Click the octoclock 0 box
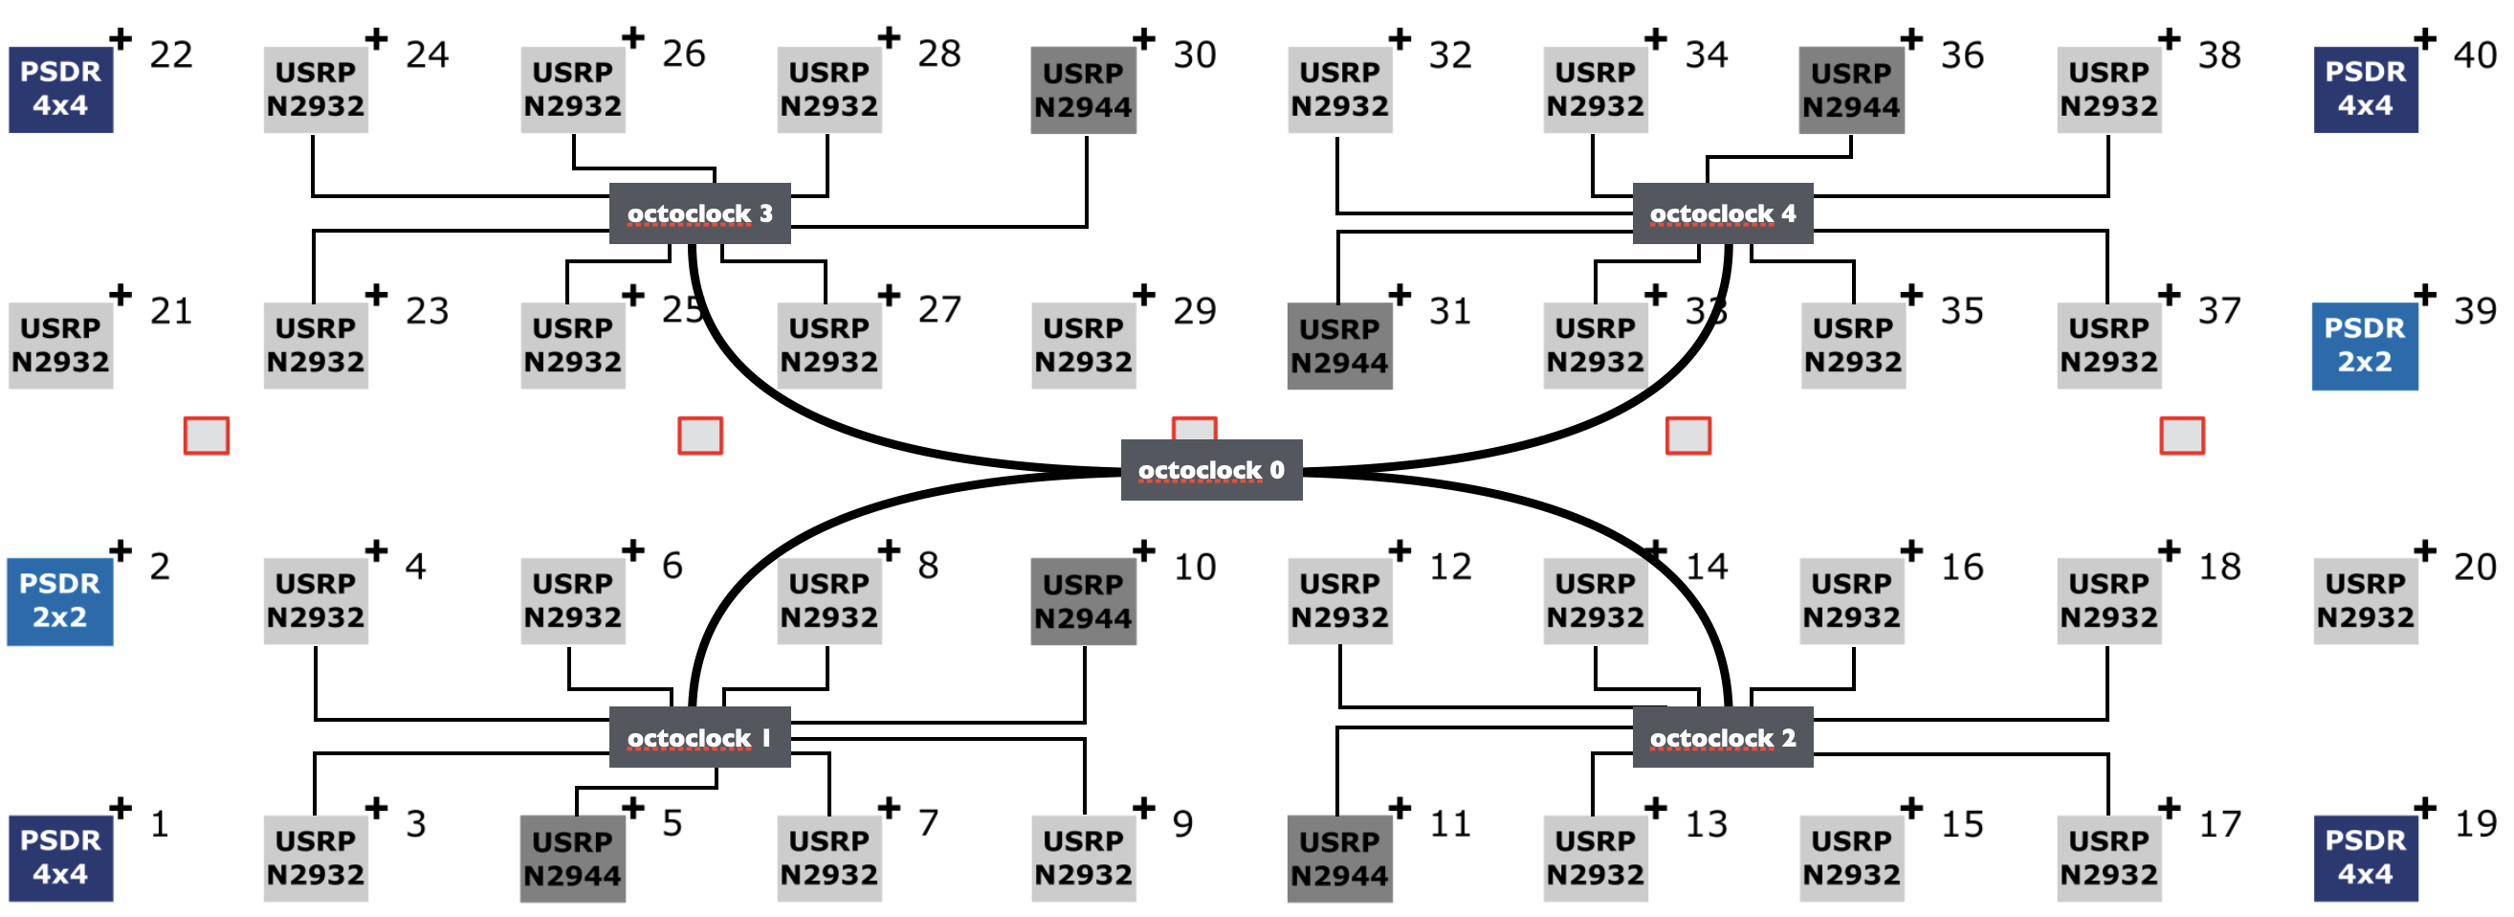point(1210,470)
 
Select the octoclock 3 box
point(698,212)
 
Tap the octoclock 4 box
point(1722,212)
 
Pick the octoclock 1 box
point(698,737)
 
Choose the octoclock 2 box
point(1722,737)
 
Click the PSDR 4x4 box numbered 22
point(60,89)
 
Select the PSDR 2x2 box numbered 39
point(2364,346)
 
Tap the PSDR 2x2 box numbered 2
point(59,601)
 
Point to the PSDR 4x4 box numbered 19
point(2365,858)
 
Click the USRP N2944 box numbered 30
point(1083,90)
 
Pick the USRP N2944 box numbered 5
point(572,859)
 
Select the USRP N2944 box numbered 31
point(1339,346)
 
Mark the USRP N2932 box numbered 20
point(2365,600)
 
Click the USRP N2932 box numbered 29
point(1083,346)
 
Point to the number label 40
point(2475,55)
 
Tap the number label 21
point(171,310)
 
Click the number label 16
point(1962,567)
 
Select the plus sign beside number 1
point(120,808)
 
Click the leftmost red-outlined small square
point(206,436)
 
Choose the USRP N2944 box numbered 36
point(1851,90)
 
